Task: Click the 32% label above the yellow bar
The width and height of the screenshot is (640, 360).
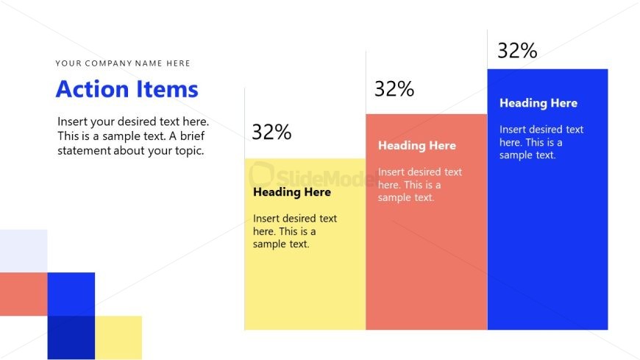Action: tap(272, 132)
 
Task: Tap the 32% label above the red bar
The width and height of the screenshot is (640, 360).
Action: tap(394, 89)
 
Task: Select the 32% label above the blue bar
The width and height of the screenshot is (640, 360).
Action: tap(517, 51)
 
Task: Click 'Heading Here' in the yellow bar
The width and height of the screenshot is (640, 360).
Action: tap(292, 192)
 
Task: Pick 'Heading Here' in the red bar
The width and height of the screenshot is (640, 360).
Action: tap(416, 146)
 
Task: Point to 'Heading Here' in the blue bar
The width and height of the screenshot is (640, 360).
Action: tap(538, 103)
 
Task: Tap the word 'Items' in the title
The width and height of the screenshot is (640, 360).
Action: tap(167, 89)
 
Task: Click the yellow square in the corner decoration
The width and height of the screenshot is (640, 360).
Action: tap(118, 337)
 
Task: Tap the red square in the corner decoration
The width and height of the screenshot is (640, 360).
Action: tap(24, 294)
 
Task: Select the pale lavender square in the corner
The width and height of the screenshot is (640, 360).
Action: tap(24, 251)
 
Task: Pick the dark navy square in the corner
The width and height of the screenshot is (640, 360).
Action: tap(71, 337)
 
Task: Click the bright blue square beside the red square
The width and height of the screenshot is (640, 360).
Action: tap(71, 294)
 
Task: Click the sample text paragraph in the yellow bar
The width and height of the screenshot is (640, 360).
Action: tap(295, 231)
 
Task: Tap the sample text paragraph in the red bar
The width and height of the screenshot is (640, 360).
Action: tap(420, 185)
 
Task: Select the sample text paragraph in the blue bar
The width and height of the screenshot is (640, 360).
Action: tap(541, 142)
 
